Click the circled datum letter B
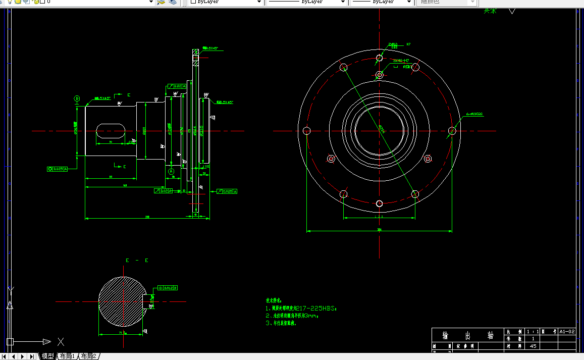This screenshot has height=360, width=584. click(77, 98)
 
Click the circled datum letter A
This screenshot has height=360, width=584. click(171, 172)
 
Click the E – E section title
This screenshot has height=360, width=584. click(137, 261)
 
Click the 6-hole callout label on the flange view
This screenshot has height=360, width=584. click(474, 114)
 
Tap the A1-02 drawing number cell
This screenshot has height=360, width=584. click(567, 332)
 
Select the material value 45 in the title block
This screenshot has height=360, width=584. click(533, 346)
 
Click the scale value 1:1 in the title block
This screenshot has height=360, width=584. click(533, 332)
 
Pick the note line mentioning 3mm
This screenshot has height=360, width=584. click(292, 316)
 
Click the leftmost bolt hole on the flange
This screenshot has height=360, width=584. click(306, 131)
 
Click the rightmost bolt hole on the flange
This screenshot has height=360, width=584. click(452, 131)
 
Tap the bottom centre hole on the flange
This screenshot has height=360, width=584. click(380, 203)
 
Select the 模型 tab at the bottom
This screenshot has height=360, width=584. click(47, 356)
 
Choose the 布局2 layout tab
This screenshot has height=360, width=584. click(88, 356)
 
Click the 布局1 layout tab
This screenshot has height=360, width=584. click(67, 356)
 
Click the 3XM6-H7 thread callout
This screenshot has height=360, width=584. click(401, 61)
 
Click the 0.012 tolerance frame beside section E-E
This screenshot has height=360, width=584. click(168, 288)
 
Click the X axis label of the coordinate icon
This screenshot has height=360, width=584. click(61, 341)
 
